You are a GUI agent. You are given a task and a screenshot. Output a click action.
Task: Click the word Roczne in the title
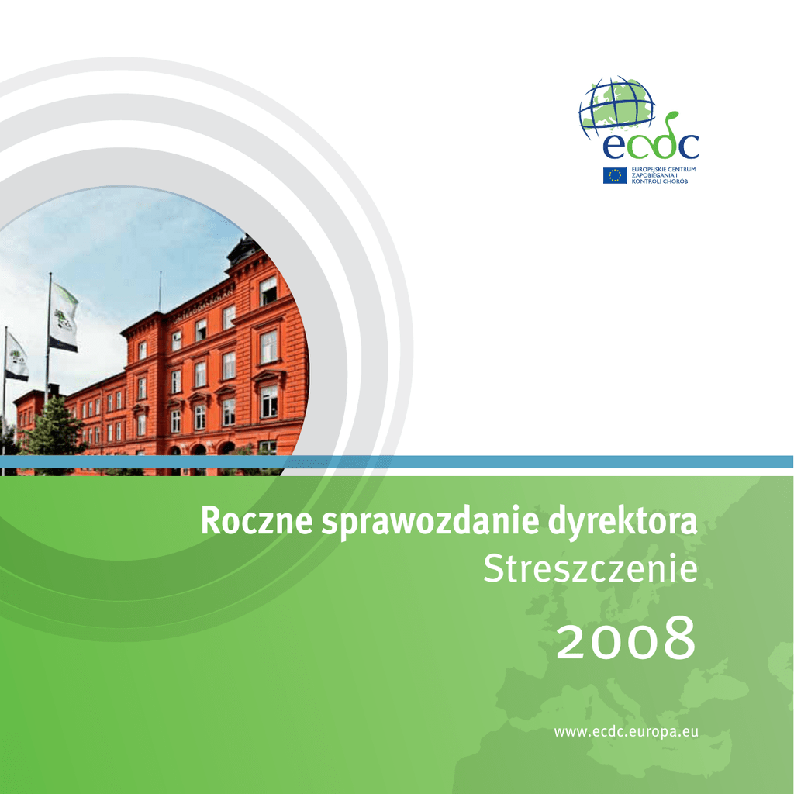click(x=257, y=521)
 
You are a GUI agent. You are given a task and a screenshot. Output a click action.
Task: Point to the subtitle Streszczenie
click(x=590, y=568)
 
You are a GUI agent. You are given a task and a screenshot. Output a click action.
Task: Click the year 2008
click(x=627, y=639)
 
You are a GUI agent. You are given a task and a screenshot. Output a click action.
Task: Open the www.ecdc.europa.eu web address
click(x=627, y=732)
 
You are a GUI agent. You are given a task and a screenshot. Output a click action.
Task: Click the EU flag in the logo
click(x=615, y=175)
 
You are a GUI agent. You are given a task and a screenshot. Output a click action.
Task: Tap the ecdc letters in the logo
click(x=651, y=143)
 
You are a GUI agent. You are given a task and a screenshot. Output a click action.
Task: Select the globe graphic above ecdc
click(x=616, y=107)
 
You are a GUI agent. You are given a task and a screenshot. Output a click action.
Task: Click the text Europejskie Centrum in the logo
click(x=664, y=169)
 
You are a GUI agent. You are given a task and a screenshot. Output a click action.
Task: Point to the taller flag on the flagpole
click(x=64, y=317)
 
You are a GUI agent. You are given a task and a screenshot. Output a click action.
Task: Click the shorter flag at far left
click(x=16, y=357)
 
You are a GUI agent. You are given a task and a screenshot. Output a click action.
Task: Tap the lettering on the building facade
click(x=204, y=305)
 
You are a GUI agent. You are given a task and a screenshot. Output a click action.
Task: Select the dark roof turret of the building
click(x=245, y=250)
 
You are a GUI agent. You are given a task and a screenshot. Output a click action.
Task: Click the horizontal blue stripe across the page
click(x=397, y=462)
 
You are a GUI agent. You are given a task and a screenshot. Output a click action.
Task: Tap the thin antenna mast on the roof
click(x=160, y=292)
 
